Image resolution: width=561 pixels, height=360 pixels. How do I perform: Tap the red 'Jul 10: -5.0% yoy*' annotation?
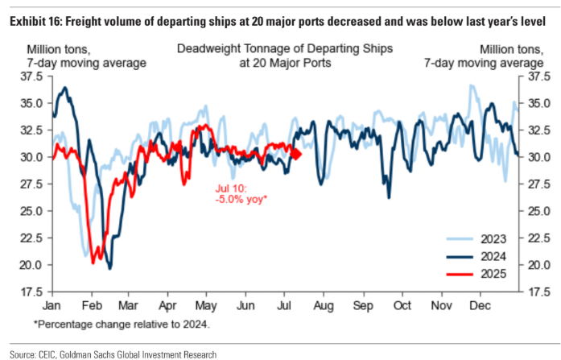coord(241,192)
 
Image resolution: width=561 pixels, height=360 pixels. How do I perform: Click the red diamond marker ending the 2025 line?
coord(295,154)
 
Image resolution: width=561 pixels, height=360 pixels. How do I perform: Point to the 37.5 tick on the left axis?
coord(31,77)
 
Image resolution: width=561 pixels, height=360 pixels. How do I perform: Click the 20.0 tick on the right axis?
coord(537,264)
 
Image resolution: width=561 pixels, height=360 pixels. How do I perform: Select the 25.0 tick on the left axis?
coord(31,211)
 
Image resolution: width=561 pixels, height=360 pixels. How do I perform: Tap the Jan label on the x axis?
coord(52,306)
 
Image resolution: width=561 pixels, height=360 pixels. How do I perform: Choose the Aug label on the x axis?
coord(325,306)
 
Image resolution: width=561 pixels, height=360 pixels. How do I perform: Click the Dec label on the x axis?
coord(480,306)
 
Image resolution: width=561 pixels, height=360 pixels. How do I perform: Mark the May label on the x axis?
coord(207,306)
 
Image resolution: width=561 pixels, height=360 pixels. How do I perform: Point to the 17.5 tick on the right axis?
coord(537,292)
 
